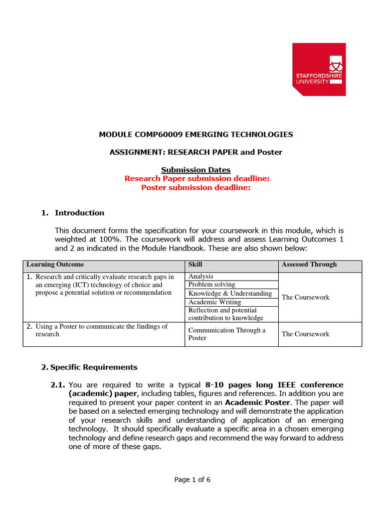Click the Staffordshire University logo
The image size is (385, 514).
point(319,69)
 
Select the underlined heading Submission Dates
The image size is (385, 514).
point(196,170)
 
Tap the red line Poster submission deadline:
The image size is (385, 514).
point(196,188)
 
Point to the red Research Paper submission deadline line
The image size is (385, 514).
point(197,179)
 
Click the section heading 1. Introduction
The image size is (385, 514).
point(73,213)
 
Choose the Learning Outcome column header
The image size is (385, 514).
point(55,265)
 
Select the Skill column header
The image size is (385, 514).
point(196,265)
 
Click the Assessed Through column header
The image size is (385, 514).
point(309,265)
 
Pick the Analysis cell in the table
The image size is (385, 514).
point(201,277)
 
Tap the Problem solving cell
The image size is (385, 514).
point(212,285)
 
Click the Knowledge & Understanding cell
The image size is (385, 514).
point(230,294)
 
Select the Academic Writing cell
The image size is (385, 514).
point(215,302)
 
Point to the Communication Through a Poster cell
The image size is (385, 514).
point(227,334)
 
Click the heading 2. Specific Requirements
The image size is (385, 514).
point(89,367)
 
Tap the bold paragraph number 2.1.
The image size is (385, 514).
point(58,385)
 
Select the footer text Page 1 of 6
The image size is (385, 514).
point(192,480)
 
